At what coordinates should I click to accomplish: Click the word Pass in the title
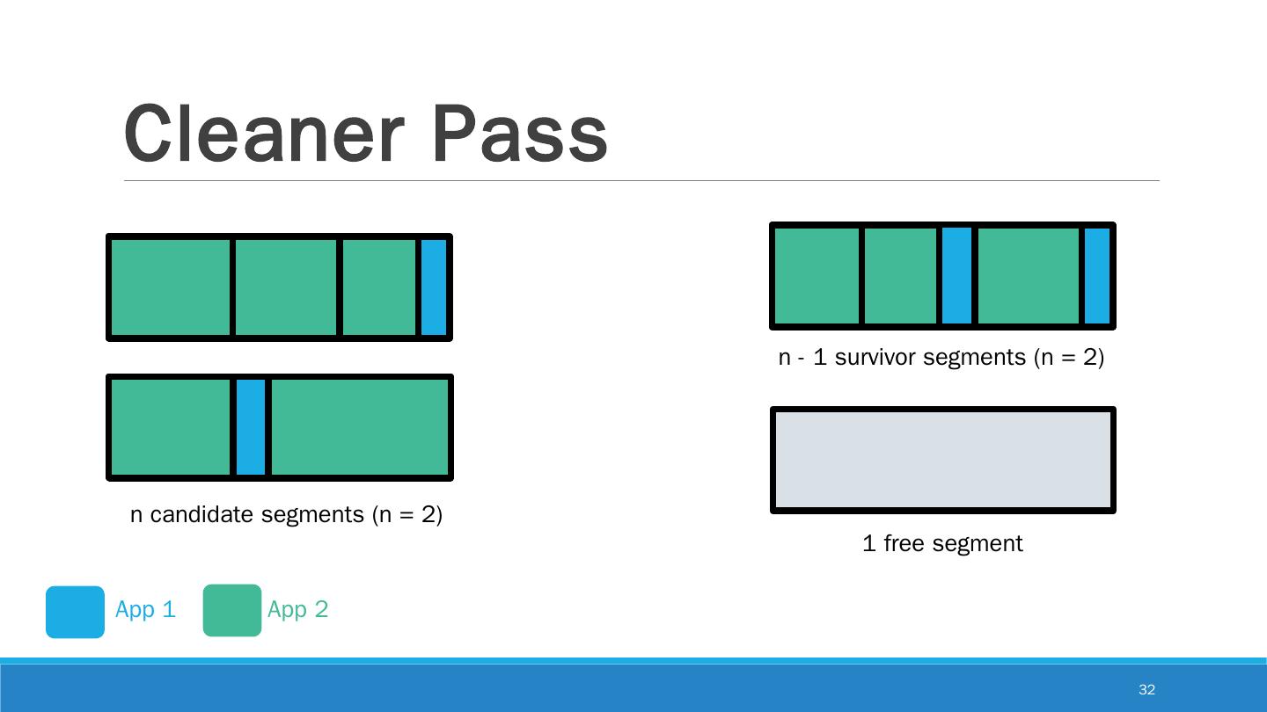[x=520, y=134]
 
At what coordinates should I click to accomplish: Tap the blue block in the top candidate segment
[x=434, y=287]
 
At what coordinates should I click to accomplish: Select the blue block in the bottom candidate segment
[x=251, y=427]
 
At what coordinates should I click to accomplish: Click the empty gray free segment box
[x=942, y=460]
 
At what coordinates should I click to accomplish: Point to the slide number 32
[x=1146, y=689]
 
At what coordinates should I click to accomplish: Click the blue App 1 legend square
[x=75, y=612]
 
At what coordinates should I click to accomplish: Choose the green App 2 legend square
[x=232, y=610]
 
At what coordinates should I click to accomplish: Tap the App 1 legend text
[x=145, y=609]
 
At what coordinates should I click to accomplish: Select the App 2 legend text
[x=297, y=609]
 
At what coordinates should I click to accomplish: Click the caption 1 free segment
[x=942, y=543]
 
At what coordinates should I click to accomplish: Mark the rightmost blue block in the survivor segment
[x=1097, y=276]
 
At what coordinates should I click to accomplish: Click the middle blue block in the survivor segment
[x=956, y=276]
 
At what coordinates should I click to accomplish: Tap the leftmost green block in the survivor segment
[x=817, y=276]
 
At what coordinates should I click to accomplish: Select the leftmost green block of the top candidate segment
[x=171, y=287]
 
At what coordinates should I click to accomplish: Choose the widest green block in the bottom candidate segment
[x=360, y=427]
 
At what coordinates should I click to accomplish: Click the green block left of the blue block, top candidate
[x=378, y=287]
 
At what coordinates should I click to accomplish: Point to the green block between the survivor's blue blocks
[x=1028, y=276]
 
